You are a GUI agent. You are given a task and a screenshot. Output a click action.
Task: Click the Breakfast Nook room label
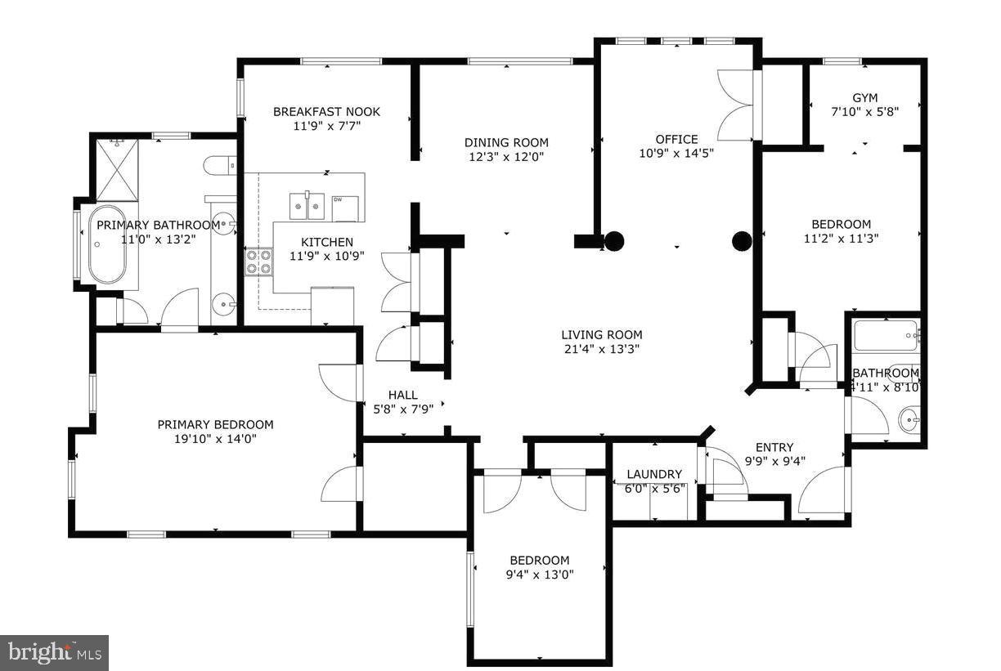[326, 112]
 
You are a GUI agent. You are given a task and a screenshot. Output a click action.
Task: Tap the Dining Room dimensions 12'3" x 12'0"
[506, 157]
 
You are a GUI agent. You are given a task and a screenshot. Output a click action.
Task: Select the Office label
[676, 139]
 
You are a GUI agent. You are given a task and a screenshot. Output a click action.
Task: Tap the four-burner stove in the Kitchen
[259, 262]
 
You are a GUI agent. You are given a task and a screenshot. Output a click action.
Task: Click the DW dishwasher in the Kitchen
[344, 208]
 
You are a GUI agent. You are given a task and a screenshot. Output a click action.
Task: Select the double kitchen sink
[307, 204]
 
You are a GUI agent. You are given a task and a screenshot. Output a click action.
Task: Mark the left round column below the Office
[614, 240]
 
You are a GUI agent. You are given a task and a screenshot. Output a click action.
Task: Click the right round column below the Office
[741, 240]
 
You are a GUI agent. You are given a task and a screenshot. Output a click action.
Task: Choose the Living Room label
[601, 335]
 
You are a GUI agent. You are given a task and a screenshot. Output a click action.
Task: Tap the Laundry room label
[653, 474]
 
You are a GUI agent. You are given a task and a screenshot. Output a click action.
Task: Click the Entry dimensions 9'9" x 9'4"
[774, 461]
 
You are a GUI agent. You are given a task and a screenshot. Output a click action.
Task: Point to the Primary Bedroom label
[215, 424]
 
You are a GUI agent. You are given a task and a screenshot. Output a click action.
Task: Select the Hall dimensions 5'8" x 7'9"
[402, 409]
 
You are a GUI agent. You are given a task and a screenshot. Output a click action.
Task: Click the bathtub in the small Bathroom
[885, 334]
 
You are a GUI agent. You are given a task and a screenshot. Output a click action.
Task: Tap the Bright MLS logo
[54, 652]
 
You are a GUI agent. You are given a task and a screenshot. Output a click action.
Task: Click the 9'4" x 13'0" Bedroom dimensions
[539, 575]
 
